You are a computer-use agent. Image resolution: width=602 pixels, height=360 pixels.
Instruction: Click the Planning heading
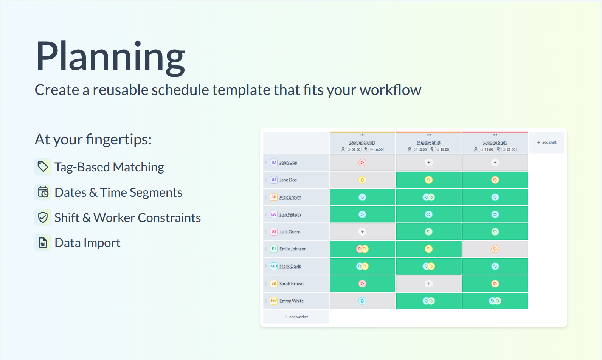point(110,57)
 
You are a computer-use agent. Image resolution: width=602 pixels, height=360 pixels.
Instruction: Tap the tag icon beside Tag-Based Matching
point(43,167)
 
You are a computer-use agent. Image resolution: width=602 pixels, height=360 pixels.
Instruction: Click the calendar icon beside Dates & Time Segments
point(43,192)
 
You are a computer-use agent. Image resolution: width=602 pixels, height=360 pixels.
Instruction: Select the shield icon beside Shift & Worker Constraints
point(43,217)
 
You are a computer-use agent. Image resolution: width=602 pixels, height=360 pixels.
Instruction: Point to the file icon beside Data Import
point(43,242)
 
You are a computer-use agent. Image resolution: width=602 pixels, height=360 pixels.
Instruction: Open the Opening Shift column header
point(362,142)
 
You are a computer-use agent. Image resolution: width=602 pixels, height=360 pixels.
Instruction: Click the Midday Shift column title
point(429,142)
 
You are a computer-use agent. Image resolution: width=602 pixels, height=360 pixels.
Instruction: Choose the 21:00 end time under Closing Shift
point(509,149)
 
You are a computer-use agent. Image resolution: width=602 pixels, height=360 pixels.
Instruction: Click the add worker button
point(296,317)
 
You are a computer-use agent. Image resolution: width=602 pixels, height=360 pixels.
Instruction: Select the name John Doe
point(288,162)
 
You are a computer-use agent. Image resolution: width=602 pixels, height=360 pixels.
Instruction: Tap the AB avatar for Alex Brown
point(274,197)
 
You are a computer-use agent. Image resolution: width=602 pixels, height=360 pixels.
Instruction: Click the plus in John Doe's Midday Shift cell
point(429,162)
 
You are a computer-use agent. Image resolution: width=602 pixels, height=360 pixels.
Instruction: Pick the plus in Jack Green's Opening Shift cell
point(362,231)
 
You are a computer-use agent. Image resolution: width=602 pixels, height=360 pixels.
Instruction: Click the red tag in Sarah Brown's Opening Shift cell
point(362,283)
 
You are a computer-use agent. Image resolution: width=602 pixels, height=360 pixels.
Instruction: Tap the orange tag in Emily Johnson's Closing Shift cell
point(495,249)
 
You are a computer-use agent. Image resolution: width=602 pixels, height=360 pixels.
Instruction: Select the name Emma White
point(291,301)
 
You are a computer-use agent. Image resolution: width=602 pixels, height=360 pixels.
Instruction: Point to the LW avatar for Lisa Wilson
point(274,214)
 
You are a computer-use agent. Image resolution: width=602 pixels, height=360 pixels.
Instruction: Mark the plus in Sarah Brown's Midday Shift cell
point(429,283)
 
